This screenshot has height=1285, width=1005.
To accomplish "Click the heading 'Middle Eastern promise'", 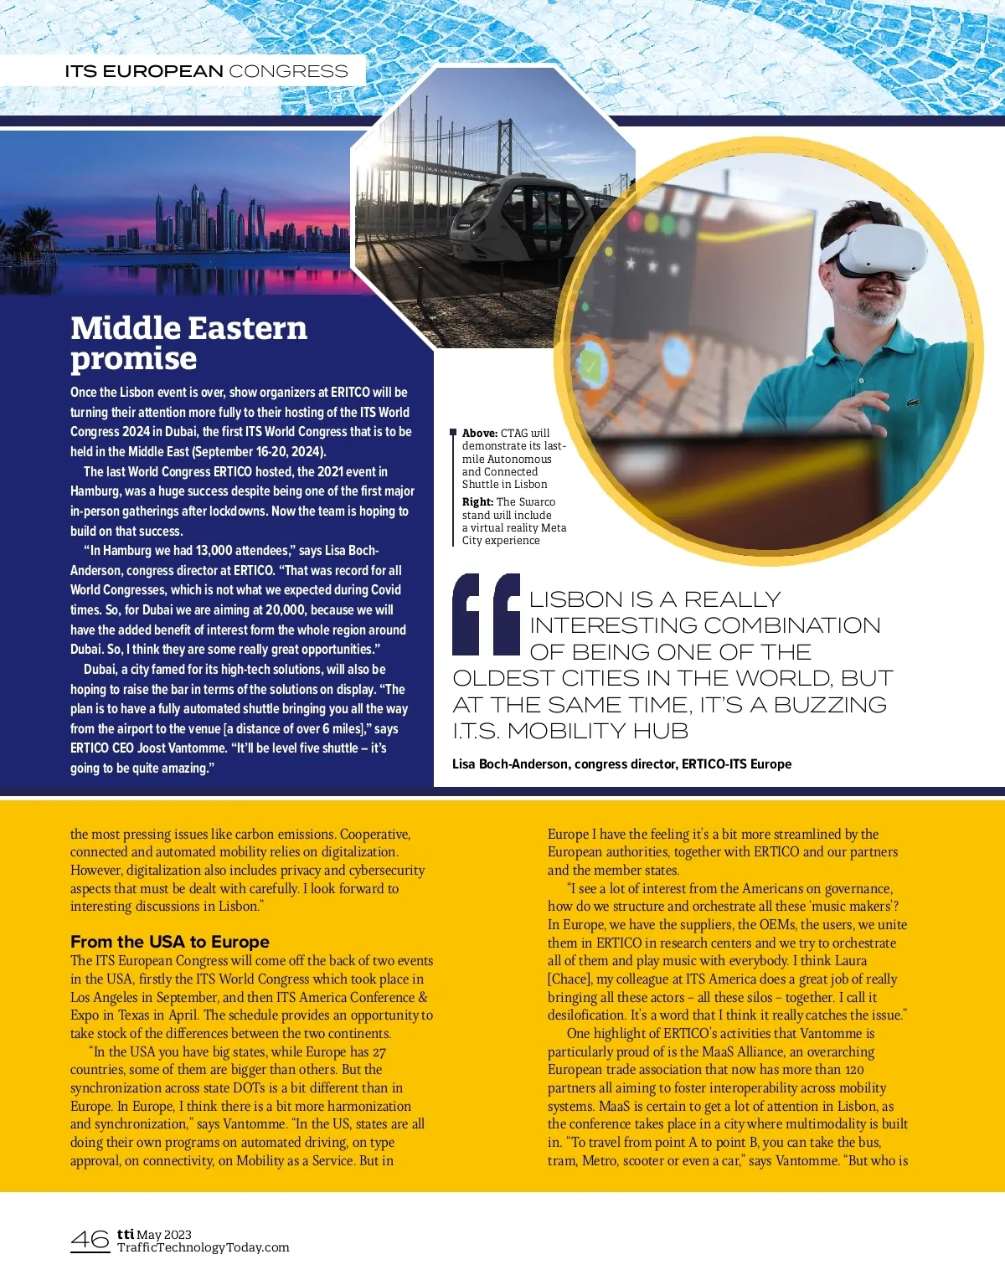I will click(188, 342).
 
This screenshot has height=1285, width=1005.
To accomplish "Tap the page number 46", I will click(90, 1240).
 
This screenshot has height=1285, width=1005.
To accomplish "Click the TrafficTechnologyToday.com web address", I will click(203, 1247).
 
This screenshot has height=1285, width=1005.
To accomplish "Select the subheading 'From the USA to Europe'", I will click(170, 942).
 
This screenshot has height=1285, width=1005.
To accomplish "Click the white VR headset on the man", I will click(874, 249).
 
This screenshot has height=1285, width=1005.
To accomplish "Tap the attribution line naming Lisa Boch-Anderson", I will click(621, 763).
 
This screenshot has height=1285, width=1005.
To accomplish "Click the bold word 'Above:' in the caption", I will click(480, 433).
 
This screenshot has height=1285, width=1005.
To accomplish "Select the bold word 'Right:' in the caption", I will click(477, 501).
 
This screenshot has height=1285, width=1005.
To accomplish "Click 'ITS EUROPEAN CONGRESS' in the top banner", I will click(206, 71).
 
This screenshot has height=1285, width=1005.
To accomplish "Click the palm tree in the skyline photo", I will click(33, 226).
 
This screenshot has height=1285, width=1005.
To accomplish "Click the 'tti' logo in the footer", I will click(126, 1234).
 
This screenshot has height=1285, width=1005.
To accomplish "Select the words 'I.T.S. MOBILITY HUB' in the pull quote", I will click(570, 731).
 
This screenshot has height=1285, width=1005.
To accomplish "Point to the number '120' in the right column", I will click(854, 1070).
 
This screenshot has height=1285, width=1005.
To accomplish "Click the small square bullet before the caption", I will click(453, 432).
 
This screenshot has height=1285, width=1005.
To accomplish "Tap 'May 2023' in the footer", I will click(164, 1234).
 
